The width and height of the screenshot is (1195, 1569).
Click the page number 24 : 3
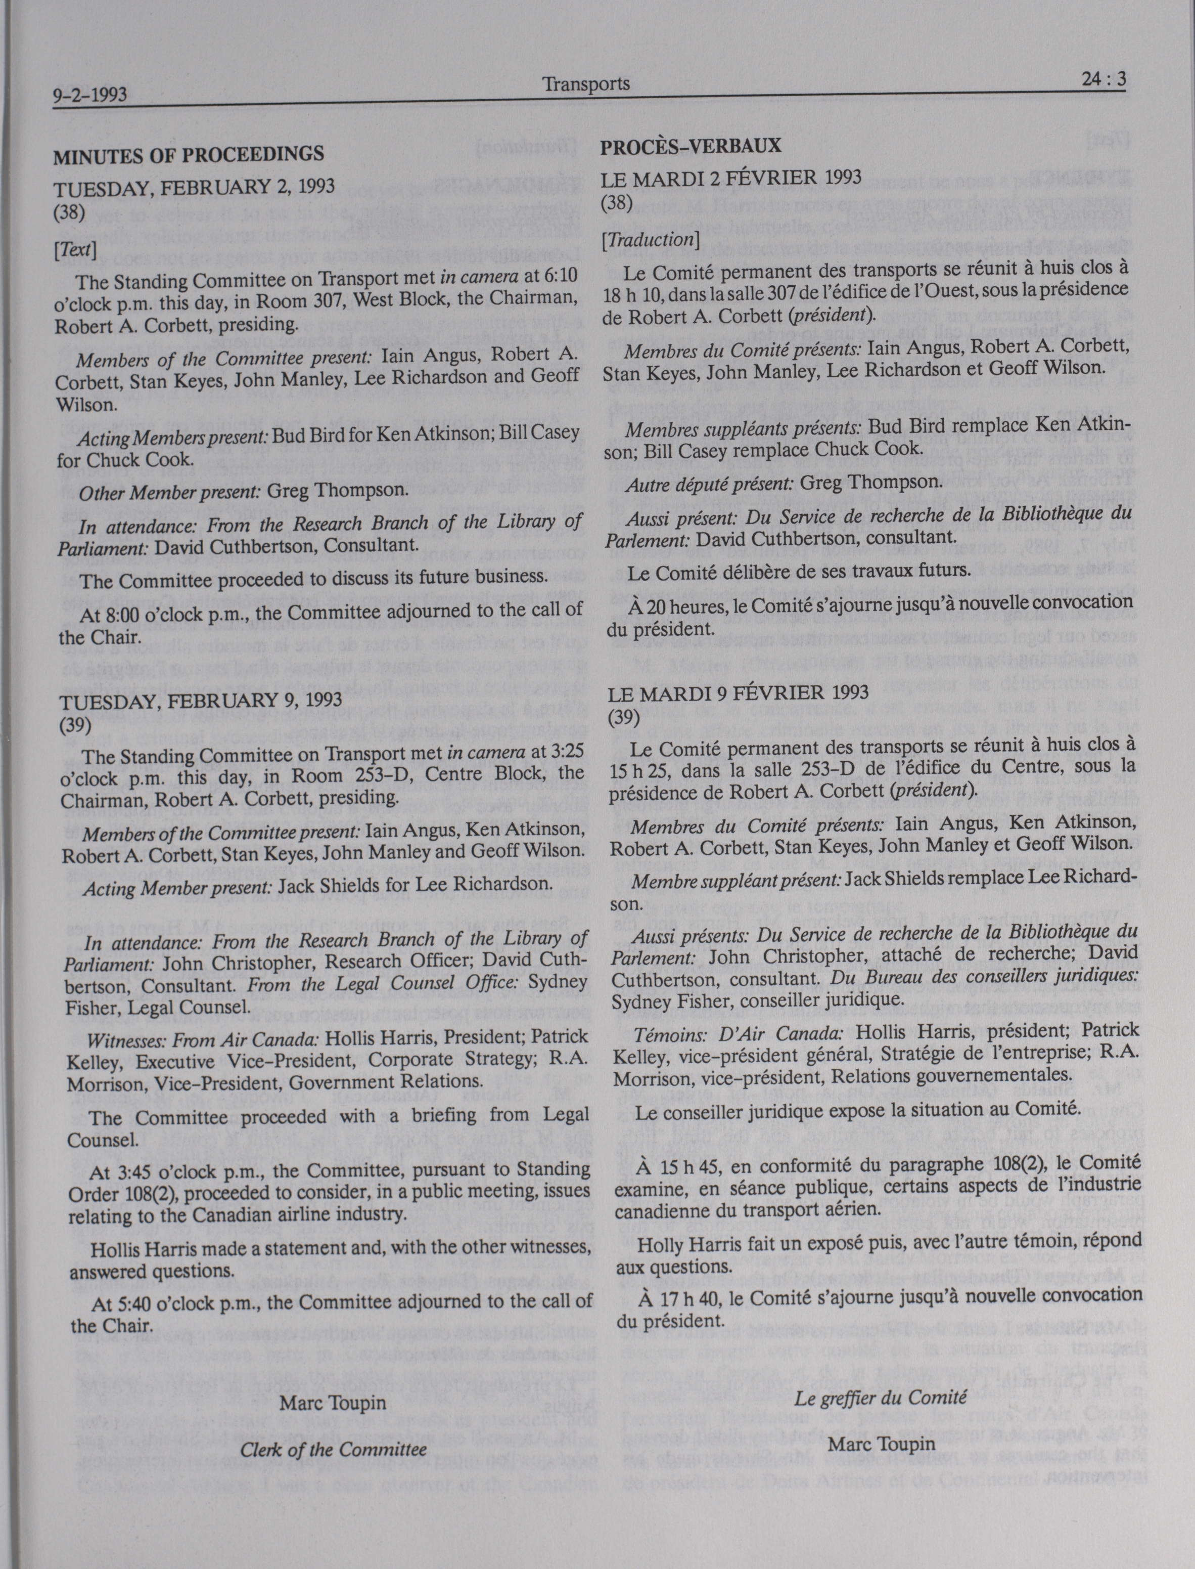(1103, 80)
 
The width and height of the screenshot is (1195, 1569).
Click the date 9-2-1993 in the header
(89, 95)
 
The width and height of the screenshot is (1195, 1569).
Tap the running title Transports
(586, 84)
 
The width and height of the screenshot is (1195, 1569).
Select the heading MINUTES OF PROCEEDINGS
(189, 154)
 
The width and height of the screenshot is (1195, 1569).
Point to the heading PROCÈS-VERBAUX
(691, 147)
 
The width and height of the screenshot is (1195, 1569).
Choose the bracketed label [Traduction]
(650, 240)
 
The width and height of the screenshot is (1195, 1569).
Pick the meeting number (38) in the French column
(617, 203)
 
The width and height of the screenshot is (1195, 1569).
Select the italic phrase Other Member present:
(170, 491)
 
